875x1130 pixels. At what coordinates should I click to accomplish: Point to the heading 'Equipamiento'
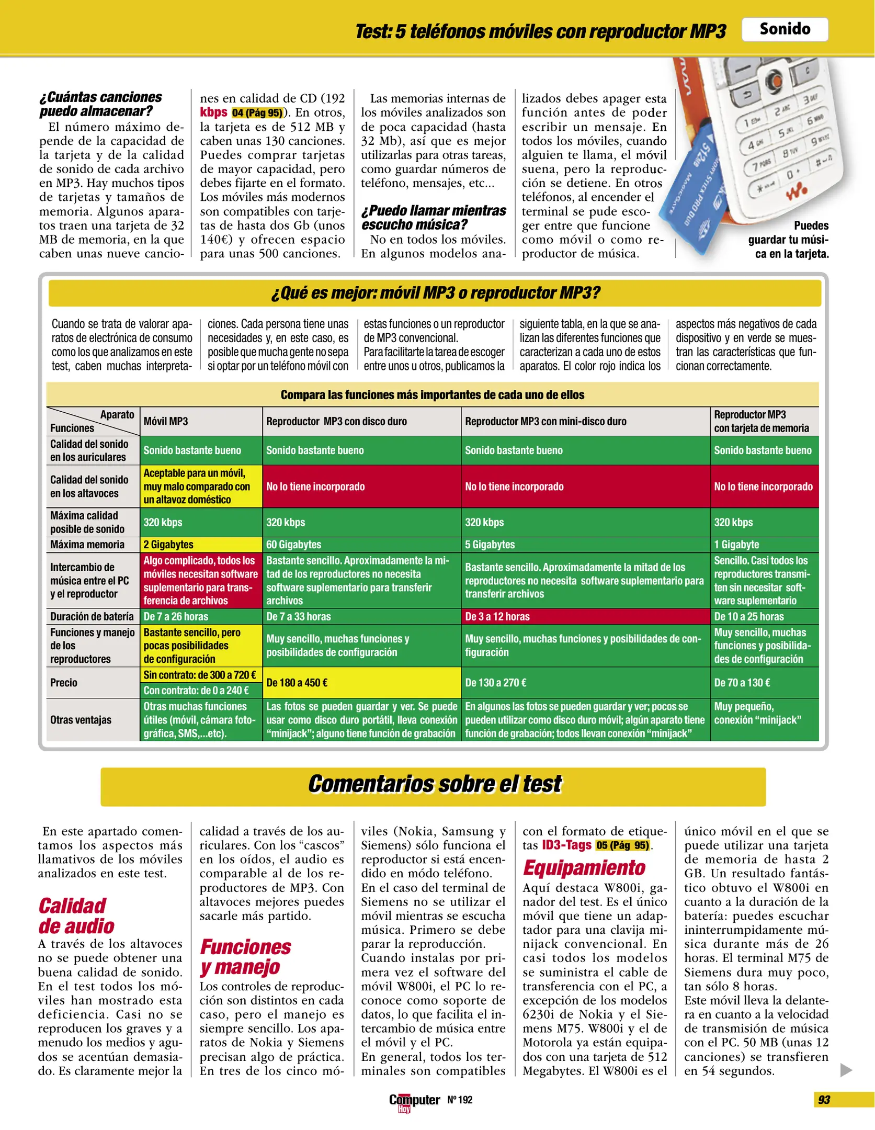tap(584, 868)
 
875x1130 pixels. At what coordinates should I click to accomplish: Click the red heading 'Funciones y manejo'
tap(245, 957)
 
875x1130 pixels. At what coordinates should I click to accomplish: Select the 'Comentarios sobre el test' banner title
tap(434, 784)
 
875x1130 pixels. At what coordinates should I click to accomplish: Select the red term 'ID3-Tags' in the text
tap(566, 845)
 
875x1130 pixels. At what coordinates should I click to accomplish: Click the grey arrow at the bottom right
tap(845, 1070)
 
